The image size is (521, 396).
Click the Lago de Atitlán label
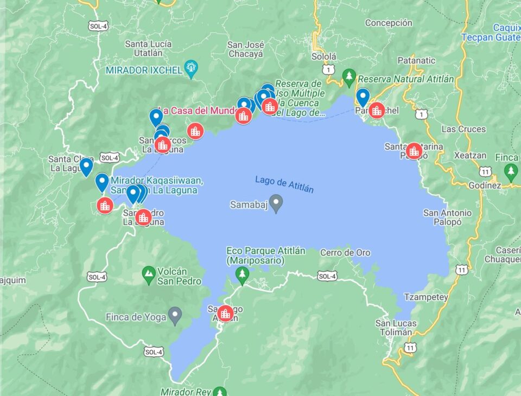pyautogui.click(x=284, y=184)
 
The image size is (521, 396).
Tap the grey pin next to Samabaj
pyautogui.click(x=276, y=203)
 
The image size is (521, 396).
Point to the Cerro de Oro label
pyautogui.click(x=345, y=253)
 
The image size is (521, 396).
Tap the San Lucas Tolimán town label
pyautogui.click(x=396, y=328)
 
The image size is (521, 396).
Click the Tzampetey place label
pyautogui.click(x=426, y=297)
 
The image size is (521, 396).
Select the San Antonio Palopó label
pyautogui.click(x=447, y=217)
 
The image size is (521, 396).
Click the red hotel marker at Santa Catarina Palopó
pyautogui.click(x=414, y=151)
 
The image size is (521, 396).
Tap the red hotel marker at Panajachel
pyautogui.click(x=377, y=110)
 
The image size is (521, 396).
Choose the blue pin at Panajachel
pyautogui.click(x=363, y=97)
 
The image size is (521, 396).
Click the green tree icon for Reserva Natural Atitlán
pyautogui.click(x=349, y=75)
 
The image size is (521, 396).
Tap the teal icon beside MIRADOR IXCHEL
pyautogui.click(x=191, y=69)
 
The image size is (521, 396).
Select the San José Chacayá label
pyautogui.click(x=245, y=49)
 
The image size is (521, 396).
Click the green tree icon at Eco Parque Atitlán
pyautogui.click(x=242, y=274)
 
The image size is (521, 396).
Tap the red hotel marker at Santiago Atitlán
pyautogui.click(x=225, y=313)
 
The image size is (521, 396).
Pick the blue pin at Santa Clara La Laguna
pyautogui.click(x=86, y=167)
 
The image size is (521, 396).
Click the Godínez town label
pyautogui.click(x=485, y=186)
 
